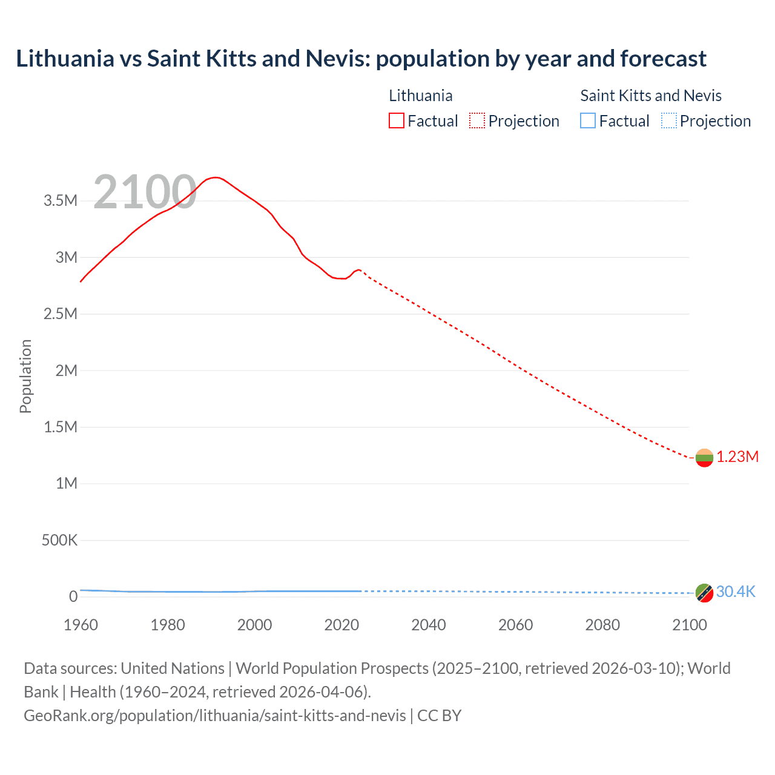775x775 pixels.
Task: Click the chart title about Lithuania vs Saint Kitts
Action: tap(361, 59)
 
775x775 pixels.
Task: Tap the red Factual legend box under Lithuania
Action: tap(397, 120)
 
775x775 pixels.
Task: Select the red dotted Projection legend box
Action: tap(477, 120)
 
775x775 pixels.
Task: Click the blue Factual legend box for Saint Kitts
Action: tap(588, 120)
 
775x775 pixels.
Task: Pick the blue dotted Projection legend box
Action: tap(669, 120)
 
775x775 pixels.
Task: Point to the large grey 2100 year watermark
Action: tap(145, 192)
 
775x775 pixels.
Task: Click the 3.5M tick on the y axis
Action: tap(61, 201)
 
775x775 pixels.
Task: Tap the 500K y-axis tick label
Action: tap(59, 540)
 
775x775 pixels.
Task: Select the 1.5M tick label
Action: tap(61, 427)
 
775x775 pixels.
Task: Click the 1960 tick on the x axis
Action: tap(81, 625)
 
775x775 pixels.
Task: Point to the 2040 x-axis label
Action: tap(429, 625)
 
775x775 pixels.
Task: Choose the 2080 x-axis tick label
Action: tap(602, 625)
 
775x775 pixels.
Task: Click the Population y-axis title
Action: tap(25, 376)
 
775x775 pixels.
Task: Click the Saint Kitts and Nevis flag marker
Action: tap(704, 593)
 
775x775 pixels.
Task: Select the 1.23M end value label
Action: tap(737, 457)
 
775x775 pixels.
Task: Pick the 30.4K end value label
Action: tap(736, 592)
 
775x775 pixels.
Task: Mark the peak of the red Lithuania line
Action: tap(215, 177)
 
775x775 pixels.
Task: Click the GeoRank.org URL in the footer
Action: tap(215, 715)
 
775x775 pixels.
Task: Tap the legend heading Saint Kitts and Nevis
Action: tap(651, 96)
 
